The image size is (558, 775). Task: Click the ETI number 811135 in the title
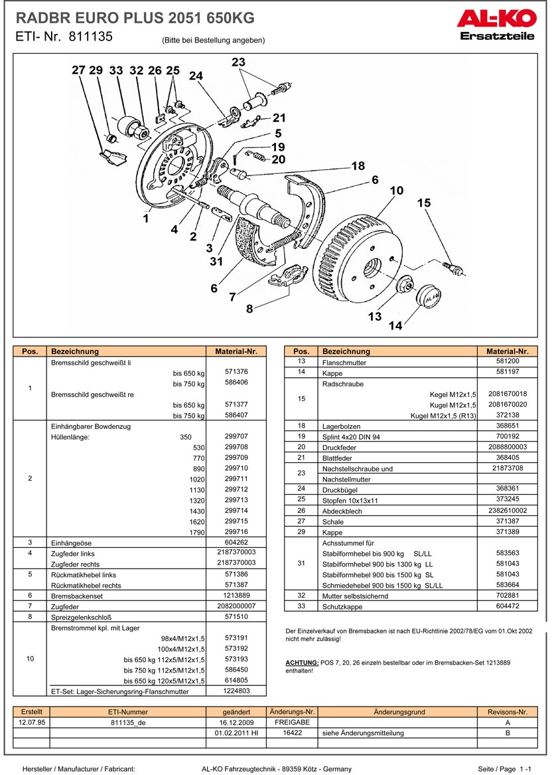pos(90,38)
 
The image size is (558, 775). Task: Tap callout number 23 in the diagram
pos(238,62)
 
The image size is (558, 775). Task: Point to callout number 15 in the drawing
pos(424,203)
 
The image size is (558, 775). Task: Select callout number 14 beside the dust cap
pos(395,325)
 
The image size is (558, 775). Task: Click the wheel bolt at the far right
pos(454,268)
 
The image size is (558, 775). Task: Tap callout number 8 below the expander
pos(249,308)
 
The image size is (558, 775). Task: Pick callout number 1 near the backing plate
pos(145,217)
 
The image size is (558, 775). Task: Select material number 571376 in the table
pos(236,373)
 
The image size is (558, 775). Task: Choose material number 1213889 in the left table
pos(236,595)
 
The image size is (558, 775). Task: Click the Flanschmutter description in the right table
pos(344,363)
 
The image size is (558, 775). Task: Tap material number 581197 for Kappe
pos(507,373)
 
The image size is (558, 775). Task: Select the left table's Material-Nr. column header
pos(236,351)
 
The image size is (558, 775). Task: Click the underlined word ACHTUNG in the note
pos(301,663)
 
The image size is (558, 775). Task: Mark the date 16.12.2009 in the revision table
pos(236,722)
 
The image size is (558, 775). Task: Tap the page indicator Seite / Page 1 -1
pos(504,768)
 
